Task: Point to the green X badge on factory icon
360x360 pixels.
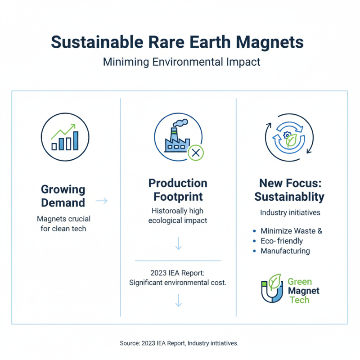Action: point(195,153)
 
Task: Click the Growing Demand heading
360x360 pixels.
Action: point(63,196)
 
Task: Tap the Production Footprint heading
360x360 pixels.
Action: point(178,190)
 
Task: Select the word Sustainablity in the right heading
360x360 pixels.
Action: point(289,197)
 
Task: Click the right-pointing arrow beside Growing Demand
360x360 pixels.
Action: point(102,201)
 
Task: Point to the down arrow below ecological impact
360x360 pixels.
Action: point(178,243)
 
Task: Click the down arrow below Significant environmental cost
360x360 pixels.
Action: point(178,300)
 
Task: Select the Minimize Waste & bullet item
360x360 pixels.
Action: point(291,231)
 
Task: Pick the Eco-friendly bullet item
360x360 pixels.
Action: point(282,241)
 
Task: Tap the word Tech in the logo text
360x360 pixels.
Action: point(299,300)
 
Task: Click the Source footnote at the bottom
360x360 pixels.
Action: point(179,343)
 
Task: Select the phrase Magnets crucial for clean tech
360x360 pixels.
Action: point(63,224)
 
